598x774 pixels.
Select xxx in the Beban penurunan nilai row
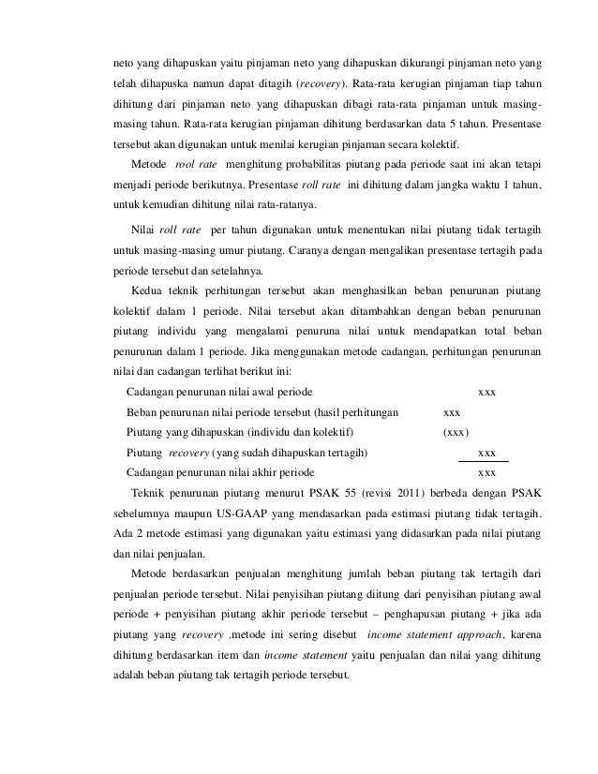451,411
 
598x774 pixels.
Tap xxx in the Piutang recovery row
487,453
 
